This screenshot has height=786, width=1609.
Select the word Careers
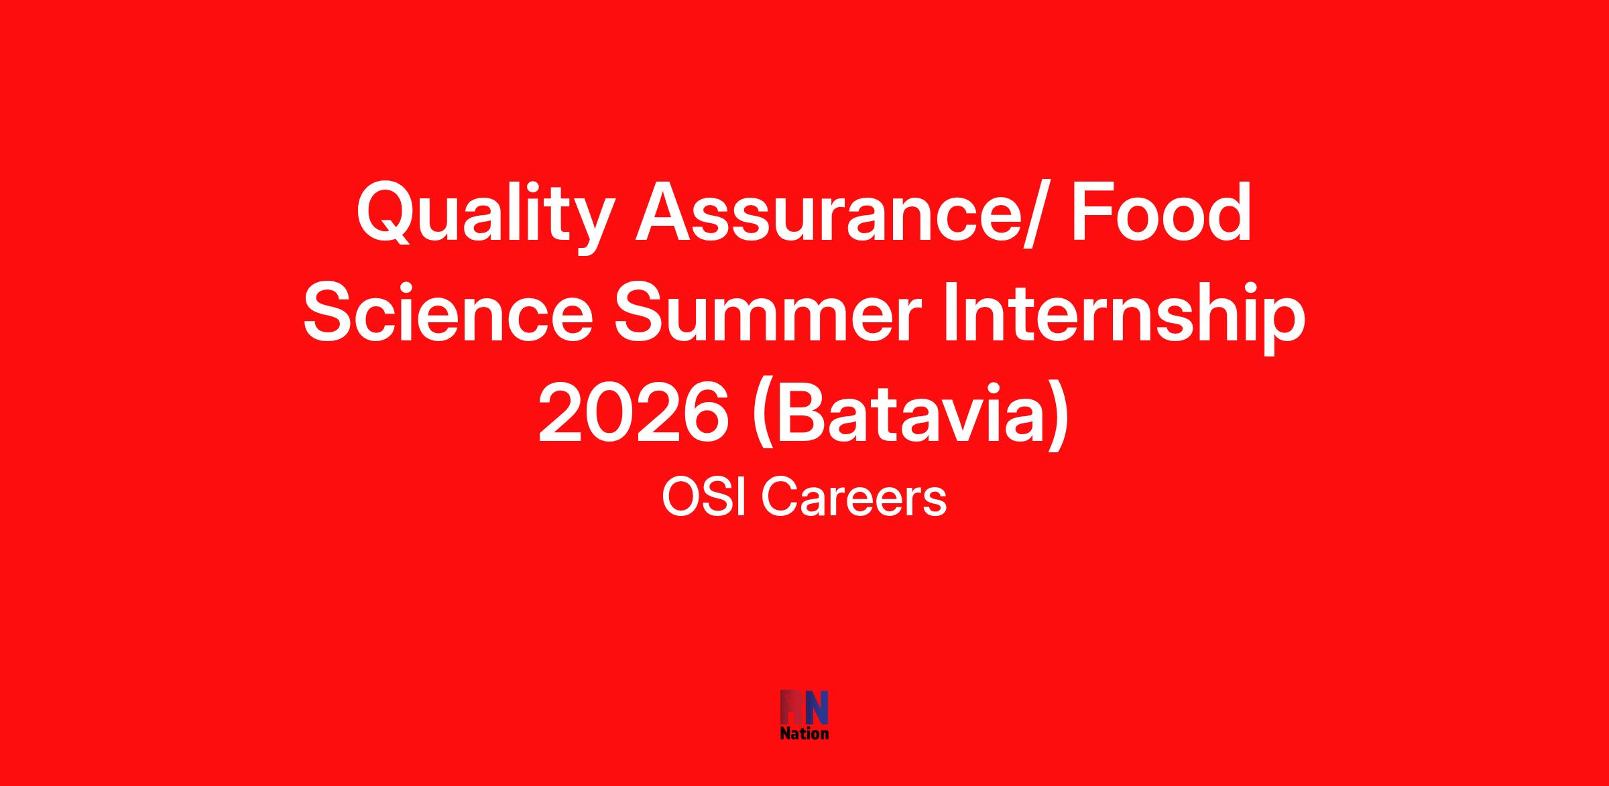point(854,499)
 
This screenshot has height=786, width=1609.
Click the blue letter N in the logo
point(816,708)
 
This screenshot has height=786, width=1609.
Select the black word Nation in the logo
point(804,733)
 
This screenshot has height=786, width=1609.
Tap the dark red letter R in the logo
point(792,708)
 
